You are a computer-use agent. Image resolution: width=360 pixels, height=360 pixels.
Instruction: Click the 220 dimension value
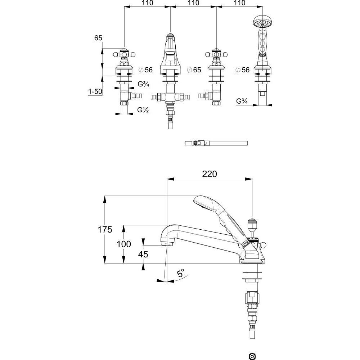[x=210, y=174]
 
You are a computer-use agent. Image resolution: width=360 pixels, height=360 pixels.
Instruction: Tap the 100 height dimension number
[x=124, y=244]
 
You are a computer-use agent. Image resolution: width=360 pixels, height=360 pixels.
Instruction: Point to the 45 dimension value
[x=143, y=254]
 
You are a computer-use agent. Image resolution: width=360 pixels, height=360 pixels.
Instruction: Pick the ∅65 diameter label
[x=194, y=70]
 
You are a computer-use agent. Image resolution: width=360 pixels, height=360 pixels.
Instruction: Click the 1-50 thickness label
[x=94, y=92]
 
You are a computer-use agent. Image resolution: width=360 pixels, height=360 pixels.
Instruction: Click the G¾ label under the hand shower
[x=242, y=101]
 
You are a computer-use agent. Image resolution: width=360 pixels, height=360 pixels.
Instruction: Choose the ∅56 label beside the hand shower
[x=242, y=70]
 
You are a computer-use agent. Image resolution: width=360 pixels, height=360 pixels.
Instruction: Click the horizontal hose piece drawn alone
[x=216, y=143]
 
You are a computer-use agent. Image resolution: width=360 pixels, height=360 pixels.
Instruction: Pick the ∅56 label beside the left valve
[x=145, y=70]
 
